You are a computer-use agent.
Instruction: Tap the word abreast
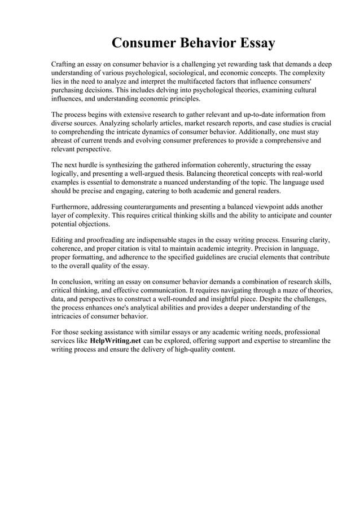[63, 140]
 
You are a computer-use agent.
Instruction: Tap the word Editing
[62, 240]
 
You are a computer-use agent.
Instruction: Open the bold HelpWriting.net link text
[115, 341]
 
